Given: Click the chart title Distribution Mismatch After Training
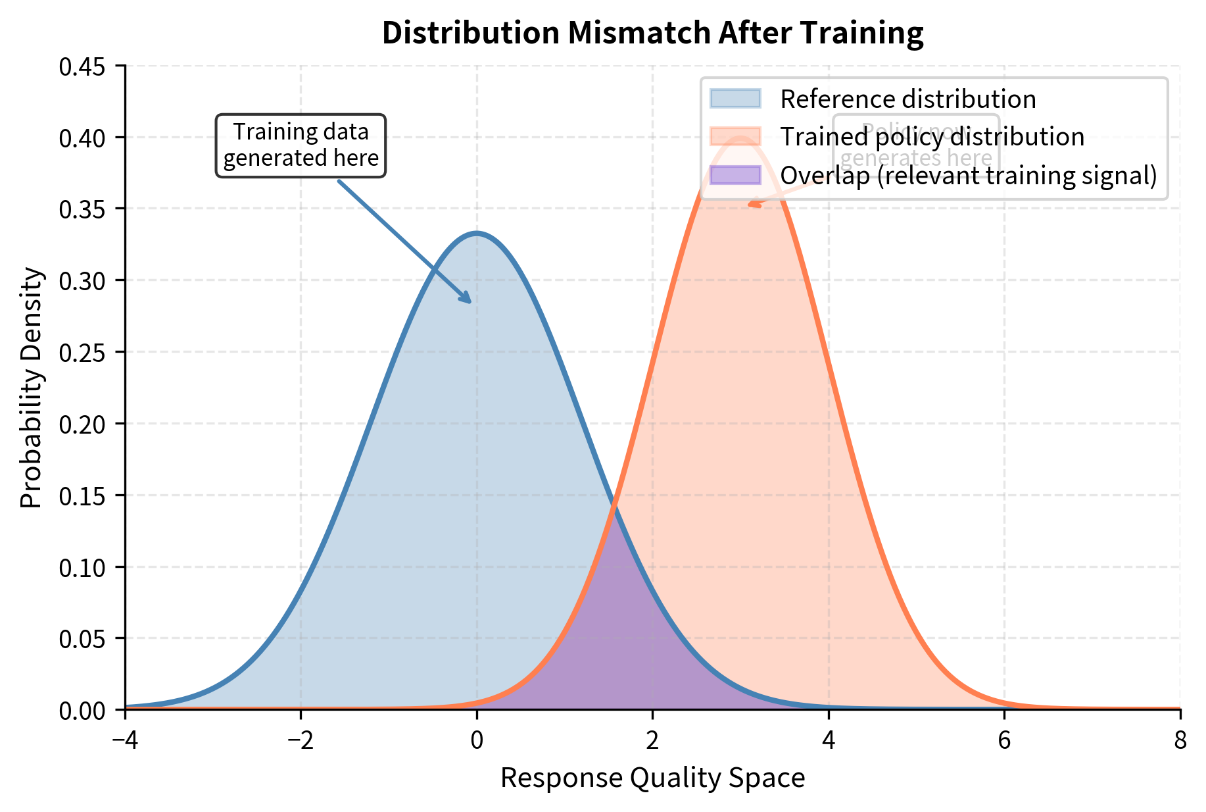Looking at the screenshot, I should (652, 33).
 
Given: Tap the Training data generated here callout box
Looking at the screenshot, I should (301, 145).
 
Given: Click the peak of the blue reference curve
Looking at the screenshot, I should (477, 233).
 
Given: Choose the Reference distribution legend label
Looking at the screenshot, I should (907, 99).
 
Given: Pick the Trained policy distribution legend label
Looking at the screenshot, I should (932, 138).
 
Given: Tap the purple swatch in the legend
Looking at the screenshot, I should (735, 176).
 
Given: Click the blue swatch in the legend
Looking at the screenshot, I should (735, 99).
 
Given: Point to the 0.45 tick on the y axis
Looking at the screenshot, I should (86, 66).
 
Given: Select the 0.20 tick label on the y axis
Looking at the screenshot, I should (86, 424).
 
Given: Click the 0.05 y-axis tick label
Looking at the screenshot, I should (86, 638).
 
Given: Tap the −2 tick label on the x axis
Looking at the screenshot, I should (301, 741).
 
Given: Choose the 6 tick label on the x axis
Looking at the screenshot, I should (1004, 741).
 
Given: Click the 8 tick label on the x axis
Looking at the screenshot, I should (1180, 741).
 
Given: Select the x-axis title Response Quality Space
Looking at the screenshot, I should (652, 778).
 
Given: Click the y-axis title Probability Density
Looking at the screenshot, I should (31, 388).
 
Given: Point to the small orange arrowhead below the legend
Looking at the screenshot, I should (754, 205).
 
